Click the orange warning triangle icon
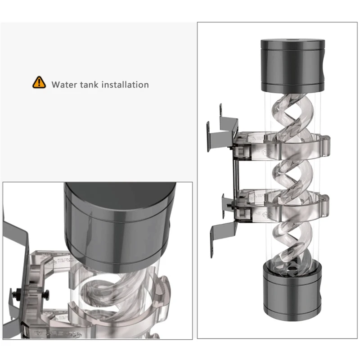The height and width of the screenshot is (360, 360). pyautogui.click(x=39, y=82)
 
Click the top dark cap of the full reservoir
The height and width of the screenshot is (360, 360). pyautogui.click(x=293, y=65)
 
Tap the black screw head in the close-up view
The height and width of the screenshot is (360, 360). pyautogui.click(x=47, y=295)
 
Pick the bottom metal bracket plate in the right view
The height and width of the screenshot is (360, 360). pyautogui.click(x=223, y=237)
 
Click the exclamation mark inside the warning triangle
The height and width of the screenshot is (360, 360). pyautogui.click(x=39, y=82)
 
